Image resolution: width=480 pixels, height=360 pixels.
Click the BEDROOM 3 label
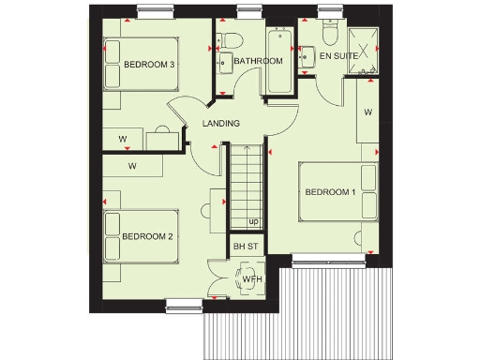150,64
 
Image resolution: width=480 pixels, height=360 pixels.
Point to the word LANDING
221,123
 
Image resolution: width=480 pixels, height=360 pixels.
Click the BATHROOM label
258,62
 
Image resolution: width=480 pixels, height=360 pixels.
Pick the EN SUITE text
337,57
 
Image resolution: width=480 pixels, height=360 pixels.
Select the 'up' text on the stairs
253,222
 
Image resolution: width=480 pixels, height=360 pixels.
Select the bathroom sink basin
226,64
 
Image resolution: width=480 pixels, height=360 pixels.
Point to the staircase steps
247,183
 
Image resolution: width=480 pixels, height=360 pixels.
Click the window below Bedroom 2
184,302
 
